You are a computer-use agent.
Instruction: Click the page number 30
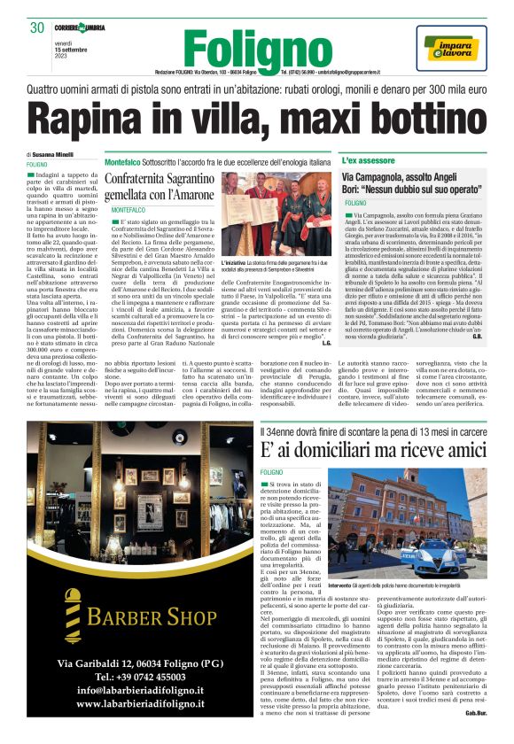tap(36, 28)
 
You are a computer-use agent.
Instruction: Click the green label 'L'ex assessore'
tap(368, 160)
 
